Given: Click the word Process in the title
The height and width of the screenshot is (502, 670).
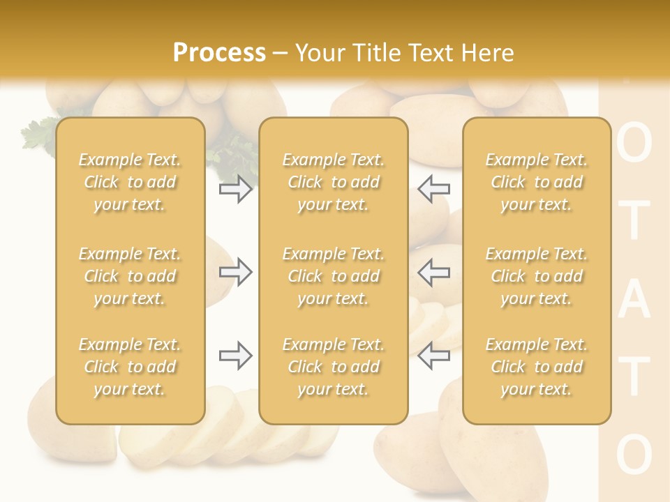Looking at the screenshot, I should click(x=219, y=53).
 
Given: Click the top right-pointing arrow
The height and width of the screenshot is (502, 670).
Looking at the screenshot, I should click(x=235, y=189).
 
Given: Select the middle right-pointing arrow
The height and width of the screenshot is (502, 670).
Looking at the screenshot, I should click(x=235, y=272).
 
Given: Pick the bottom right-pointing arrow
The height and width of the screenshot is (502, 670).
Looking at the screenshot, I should click(x=235, y=356).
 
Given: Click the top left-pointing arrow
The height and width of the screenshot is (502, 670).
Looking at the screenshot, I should click(x=433, y=189).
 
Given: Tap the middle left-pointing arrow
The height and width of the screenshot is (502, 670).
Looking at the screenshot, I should click(x=433, y=272).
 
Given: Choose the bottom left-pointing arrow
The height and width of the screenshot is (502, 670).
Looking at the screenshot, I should click(x=433, y=356).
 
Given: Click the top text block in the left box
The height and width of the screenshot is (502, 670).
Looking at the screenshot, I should click(x=130, y=182).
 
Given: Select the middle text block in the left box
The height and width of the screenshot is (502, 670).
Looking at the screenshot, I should click(x=130, y=276).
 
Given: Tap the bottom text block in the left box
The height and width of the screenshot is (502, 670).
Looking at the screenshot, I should click(x=130, y=367).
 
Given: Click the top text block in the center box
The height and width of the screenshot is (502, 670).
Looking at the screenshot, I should click(x=333, y=182).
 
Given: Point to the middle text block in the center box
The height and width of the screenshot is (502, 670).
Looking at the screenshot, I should click(x=333, y=276).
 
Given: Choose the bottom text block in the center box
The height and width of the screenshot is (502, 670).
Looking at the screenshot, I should click(x=333, y=367).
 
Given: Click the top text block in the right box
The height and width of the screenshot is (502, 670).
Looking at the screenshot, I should click(x=537, y=182).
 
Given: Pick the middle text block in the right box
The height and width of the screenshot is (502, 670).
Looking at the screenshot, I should click(x=537, y=276).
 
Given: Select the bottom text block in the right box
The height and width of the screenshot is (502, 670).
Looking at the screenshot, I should click(x=537, y=367).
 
